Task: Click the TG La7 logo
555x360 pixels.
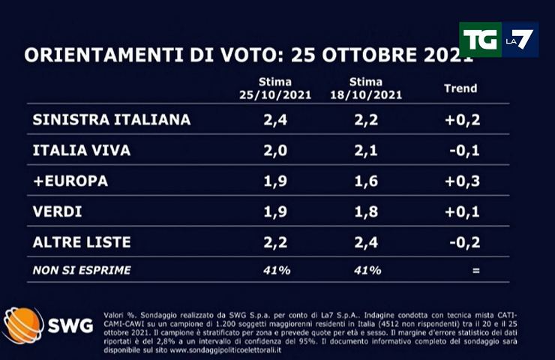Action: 498,40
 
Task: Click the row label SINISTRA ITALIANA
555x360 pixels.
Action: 112,119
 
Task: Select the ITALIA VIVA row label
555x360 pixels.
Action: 82,150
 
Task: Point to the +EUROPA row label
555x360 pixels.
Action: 70,181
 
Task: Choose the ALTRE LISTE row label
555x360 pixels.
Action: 82,242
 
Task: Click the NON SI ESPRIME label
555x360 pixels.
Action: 82,270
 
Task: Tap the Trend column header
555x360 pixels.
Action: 460,88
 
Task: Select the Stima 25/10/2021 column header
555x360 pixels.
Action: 265,88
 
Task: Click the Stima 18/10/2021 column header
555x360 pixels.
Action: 366,88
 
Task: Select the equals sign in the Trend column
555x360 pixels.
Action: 475,270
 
